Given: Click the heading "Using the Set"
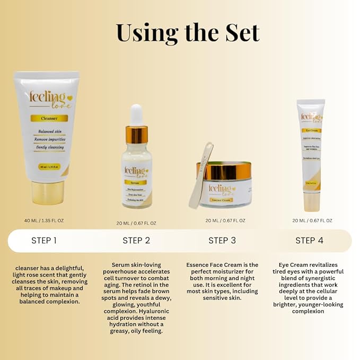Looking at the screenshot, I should (x=187, y=32).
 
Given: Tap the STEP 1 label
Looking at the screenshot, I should (x=44, y=240).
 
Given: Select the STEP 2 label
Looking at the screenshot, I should (x=136, y=240).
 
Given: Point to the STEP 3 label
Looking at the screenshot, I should (x=222, y=240).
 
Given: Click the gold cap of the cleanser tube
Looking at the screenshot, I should (x=48, y=192).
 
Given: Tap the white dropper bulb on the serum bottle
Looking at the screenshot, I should (x=136, y=115).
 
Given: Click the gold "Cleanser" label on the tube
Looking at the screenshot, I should (x=47, y=118).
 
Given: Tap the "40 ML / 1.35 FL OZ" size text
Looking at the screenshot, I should (x=48, y=220).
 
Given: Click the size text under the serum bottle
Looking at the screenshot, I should (x=137, y=223).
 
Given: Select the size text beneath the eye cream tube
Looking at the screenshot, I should (x=312, y=220).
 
